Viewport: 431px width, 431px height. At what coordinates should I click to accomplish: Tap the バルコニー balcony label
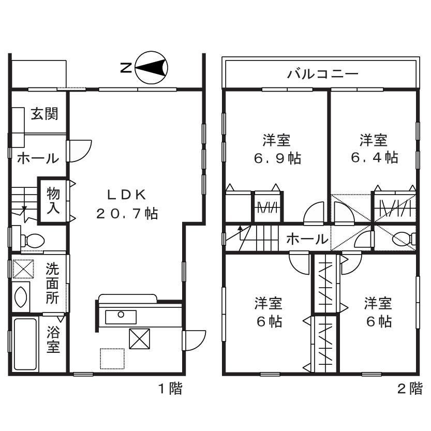click(323, 74)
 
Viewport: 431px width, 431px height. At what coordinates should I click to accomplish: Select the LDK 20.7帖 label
click(127, 204)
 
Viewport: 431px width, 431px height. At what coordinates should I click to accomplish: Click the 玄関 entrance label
click(44, 113)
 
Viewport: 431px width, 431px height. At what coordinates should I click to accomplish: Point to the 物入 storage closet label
click(53, 201)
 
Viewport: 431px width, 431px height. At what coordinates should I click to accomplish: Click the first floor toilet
click(32, 240)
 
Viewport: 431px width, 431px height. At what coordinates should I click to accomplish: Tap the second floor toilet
click(404, 239)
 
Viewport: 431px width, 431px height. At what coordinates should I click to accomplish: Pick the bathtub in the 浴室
click(25, 344)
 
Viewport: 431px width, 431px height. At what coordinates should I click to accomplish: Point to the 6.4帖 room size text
click(374, 157)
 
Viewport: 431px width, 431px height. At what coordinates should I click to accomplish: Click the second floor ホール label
click(306, 239)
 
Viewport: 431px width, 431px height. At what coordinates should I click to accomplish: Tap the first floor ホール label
click(38, 158)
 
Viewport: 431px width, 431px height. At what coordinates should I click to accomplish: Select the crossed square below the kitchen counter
click(140, 339)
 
